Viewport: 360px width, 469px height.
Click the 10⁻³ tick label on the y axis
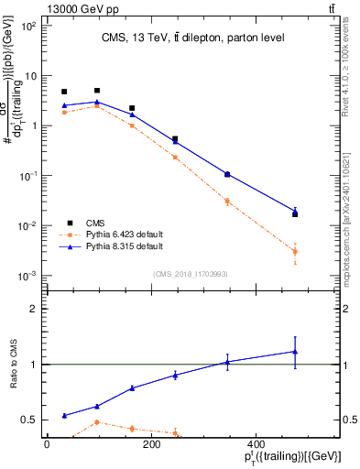point(28,276)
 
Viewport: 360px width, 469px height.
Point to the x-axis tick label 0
point(48,444)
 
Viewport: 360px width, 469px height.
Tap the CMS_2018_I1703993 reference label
point(190,274)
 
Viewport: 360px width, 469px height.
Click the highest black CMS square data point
point(97,91)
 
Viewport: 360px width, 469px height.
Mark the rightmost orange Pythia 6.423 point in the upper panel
point(295,251)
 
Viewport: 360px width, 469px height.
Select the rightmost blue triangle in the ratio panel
point(295,352)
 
